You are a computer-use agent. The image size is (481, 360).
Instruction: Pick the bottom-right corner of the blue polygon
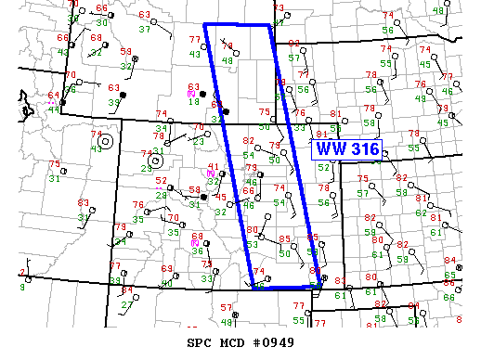[321, 284]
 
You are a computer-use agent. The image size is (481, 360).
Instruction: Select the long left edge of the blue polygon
[228, 156]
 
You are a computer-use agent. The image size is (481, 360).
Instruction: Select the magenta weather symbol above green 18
[190, 94]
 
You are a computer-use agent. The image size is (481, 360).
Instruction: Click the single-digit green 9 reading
[21, 287]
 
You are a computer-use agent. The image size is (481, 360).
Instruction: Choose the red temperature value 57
[226, 306]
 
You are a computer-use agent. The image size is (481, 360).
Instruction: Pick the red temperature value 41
[214, 167]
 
